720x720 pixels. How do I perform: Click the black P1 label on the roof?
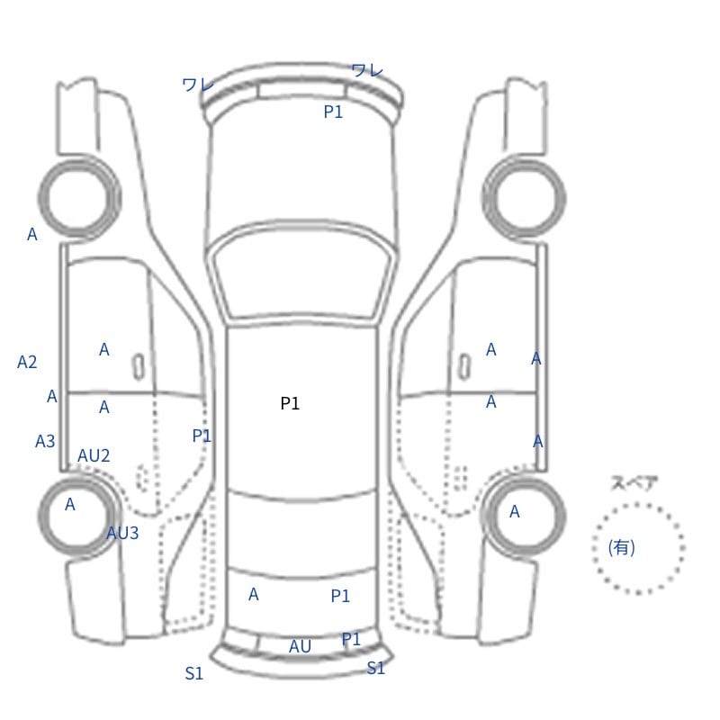(290, 403)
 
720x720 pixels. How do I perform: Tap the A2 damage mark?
(27, 362)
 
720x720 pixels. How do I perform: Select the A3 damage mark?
(45, 441)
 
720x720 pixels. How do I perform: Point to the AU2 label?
(94, 455)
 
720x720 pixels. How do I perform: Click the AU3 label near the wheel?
(122, 533)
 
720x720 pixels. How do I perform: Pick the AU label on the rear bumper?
(300, 646)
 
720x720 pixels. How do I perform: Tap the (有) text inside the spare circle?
(621, 547)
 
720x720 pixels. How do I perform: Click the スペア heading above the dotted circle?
(627, 483)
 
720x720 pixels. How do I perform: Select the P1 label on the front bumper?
(333, 112)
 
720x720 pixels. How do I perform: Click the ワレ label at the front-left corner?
(198, 85)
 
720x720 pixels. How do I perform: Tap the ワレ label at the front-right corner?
(367, 70)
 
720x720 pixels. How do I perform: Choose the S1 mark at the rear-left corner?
(193, 673)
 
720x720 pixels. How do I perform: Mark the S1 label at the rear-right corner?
(375, 668)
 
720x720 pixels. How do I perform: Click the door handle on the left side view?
(139, 367)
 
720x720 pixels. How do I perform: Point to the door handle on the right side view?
(464, 367)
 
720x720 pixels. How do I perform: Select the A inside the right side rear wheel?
(514, 511)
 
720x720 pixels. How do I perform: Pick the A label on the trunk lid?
(254, 594)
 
